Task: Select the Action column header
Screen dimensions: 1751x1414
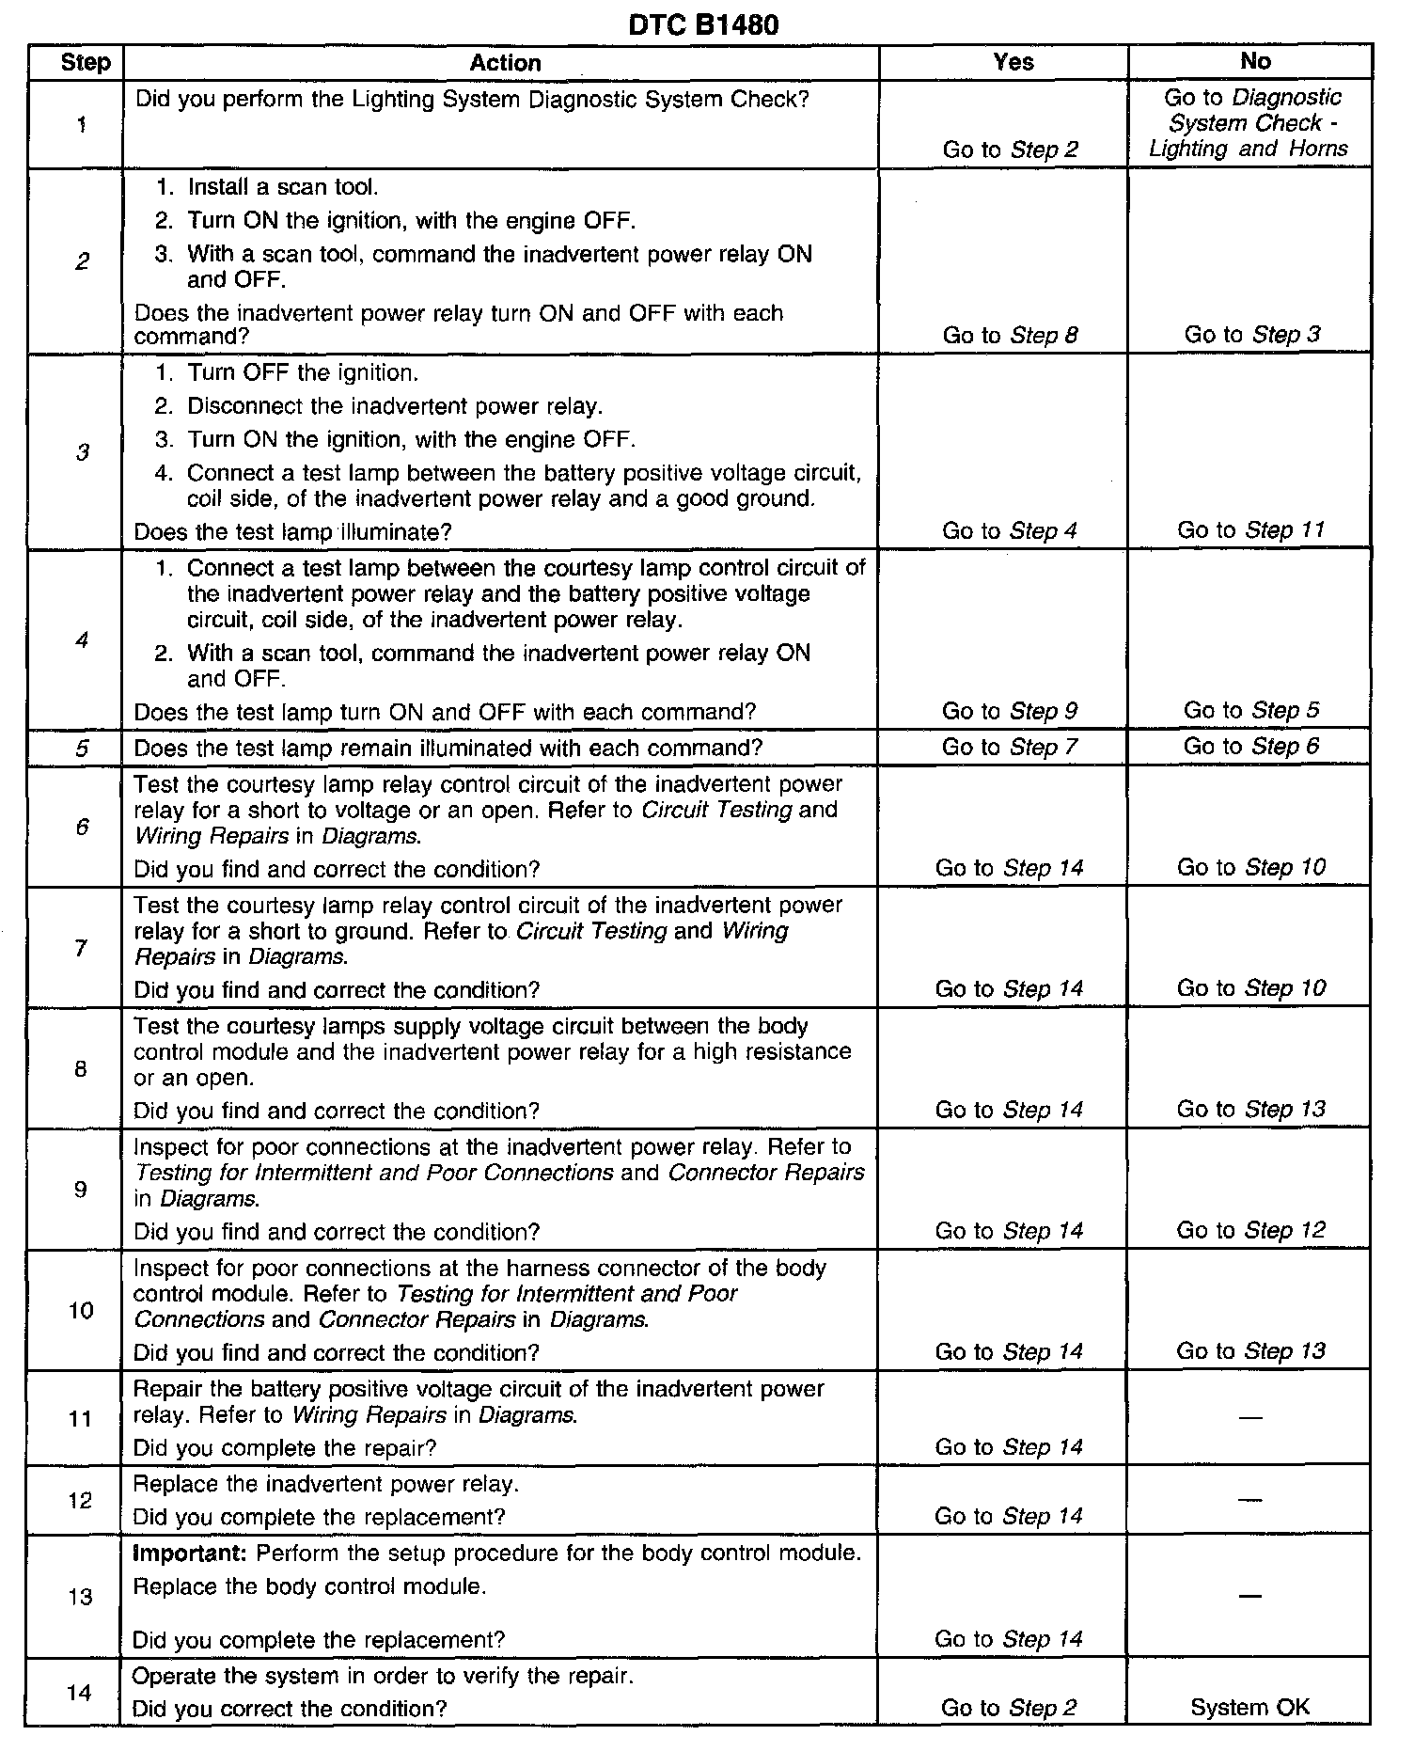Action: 505,63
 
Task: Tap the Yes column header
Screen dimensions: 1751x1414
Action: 1013,62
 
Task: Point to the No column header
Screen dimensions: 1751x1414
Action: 1255,61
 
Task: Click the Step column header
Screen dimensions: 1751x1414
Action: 86,63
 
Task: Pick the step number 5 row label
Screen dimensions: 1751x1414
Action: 82,749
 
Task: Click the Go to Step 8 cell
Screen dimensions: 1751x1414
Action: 1010,335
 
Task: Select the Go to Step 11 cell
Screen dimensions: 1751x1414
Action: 1250,530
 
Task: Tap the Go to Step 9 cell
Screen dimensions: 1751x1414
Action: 1010,711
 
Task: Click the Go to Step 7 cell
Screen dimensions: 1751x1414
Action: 1010,748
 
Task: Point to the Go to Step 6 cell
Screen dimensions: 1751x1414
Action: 1250,747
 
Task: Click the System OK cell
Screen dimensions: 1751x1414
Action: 1249,1708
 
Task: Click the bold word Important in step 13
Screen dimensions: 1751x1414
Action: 190,1553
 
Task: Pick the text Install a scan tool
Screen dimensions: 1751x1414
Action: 282,187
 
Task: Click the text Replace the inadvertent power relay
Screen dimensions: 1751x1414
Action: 325,1484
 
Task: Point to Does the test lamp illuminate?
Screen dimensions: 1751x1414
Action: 292,532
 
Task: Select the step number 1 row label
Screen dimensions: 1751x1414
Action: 83,124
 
